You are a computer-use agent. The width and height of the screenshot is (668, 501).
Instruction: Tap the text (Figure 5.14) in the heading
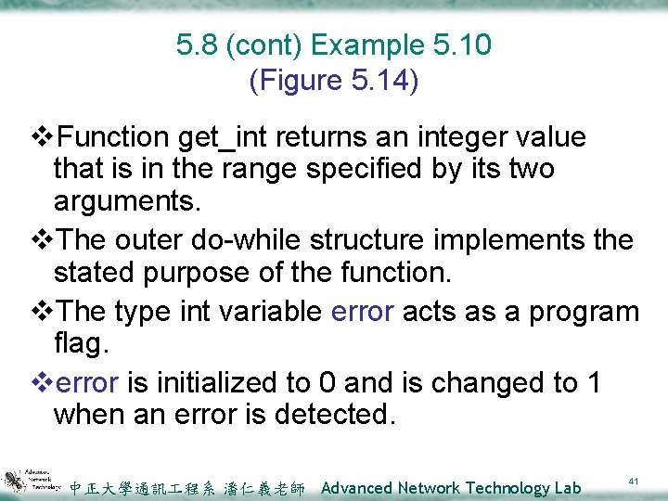coord(334,81)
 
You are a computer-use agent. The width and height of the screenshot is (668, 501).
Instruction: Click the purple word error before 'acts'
coord(363,311)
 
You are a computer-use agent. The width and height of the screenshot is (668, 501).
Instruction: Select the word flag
coord(81,344)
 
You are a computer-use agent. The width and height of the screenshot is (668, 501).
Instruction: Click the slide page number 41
coord(635,482)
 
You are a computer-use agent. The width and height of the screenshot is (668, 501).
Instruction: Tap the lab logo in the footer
coord(32,480)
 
